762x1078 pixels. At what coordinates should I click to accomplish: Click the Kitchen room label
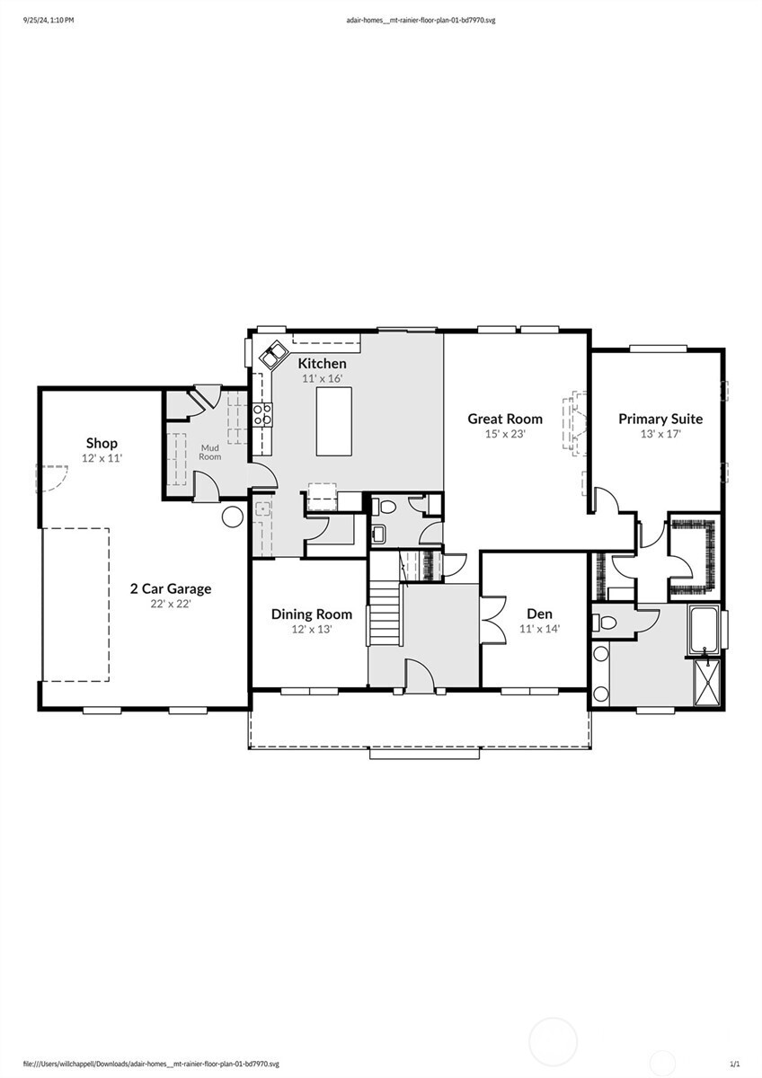pyautogui.click(x=322, y=363)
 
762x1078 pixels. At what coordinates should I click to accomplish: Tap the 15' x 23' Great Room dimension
pyautogui.click(x=505, y=434)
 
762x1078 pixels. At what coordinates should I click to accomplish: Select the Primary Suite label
pyautogui.click(x=660, y=419)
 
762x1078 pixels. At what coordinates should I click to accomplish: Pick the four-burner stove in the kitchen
pyautogui.click(x=262, y=414)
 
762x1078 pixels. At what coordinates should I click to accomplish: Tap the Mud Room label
pyautogui.click(x=209, y=451)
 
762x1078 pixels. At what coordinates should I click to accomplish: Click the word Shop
pyautogui.click(x=102, y=443)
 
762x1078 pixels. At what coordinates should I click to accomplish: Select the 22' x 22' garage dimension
pyautogui.click(x=171, y=605)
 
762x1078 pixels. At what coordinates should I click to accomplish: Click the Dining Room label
pyautogui.click(x=312, y=614)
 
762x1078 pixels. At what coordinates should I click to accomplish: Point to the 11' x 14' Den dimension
pyautogui.click(x=539, y=629)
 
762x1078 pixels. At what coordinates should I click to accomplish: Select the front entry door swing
pyautogui.click(x=418, y=675)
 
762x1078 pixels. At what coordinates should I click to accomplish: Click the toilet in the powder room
pyautogui.click(x=385, y=507)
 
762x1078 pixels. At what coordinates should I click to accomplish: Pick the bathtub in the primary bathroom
pyautogui.click(x=704, y=629)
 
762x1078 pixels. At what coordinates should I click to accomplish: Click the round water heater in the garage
pyautogui.click(x=232, y=516)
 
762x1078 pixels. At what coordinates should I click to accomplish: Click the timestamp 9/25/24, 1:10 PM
pyautogui.click(x=49, y=18)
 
